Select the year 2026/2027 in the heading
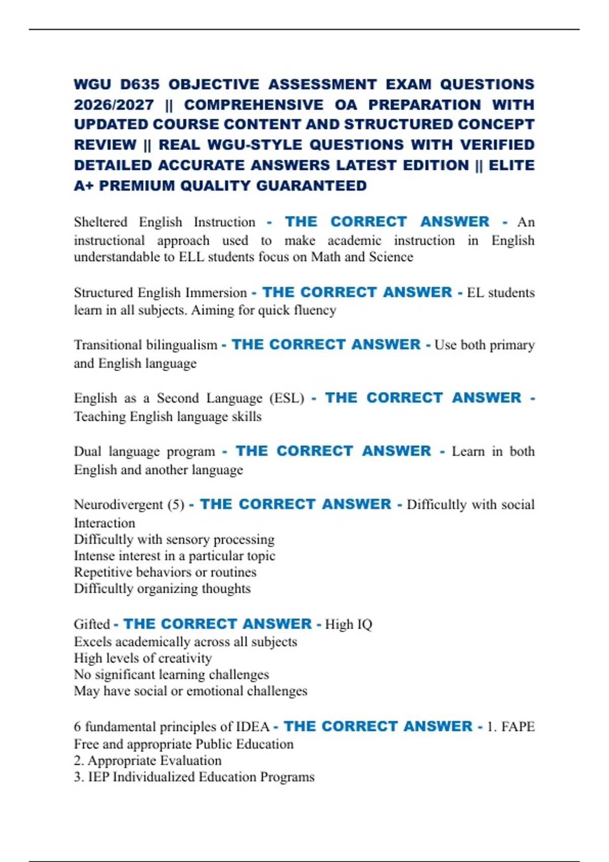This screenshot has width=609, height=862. [x=114, y=105]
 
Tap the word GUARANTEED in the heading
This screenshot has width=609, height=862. [x=311, y=186]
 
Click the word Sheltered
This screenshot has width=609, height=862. [x=100, y=222]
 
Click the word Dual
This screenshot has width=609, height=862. [x=87, y=451]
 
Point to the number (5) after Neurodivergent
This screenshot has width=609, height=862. [x=176, y=505]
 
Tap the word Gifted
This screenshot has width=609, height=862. [x=92, y=624]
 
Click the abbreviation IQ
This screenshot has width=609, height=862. [x=364, y=624]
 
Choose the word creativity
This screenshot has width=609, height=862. [x=185, y=658]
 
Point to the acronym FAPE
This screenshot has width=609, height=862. [x=518, y=727]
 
